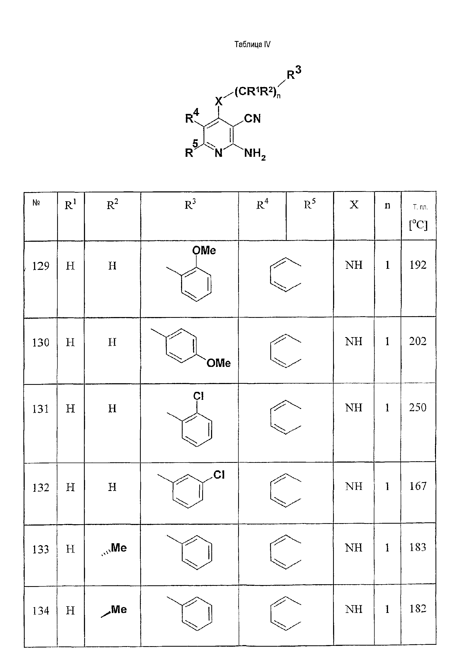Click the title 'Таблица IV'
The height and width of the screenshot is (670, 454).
(252, 44)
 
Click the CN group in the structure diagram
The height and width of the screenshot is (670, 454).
(252, 118)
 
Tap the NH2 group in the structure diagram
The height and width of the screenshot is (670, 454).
(255, 154)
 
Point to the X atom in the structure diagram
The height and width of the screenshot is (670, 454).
(219, 101)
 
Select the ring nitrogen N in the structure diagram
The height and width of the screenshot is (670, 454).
(219, 153)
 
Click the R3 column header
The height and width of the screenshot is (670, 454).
(190, 204)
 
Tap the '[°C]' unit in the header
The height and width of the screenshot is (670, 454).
(418, 225)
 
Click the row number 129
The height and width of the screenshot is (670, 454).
(40, 266)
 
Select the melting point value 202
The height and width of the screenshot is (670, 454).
(418, 341)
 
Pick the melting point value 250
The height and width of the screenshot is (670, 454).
(418, 407)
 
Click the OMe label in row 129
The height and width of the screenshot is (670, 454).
(204, 250)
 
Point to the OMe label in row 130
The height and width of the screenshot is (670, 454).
(219, 363)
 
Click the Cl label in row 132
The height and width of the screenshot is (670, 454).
(219, 475)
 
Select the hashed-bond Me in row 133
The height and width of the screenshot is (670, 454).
(114, 549)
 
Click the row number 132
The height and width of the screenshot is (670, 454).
(40, 487)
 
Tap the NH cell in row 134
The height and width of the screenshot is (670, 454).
(354, 609)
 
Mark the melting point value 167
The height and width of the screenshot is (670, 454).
(418, 486)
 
